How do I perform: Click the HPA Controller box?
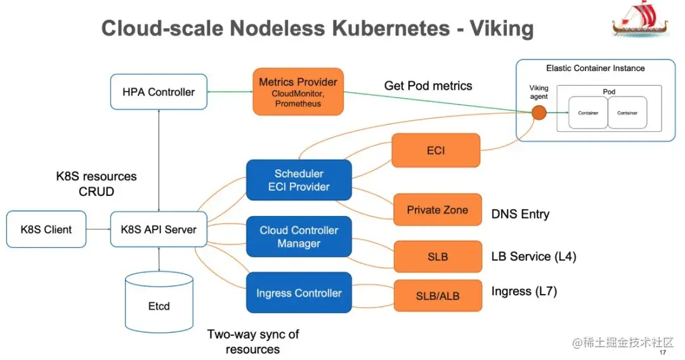159,92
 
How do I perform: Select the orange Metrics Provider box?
298,92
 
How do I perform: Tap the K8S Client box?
46,229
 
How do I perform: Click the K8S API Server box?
159,229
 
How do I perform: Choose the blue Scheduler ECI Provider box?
299,180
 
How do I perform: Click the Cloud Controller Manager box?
299,236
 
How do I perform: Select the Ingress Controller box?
299,293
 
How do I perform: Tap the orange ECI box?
436,150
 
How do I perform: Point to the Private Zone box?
437,210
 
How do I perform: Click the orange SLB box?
437,256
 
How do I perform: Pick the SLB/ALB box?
437,295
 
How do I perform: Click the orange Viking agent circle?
538,113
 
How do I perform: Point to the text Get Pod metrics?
428,86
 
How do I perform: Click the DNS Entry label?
520,214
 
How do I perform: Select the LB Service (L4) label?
533,256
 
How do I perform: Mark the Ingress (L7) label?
524,292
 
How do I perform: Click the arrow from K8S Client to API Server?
98,229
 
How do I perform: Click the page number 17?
663,352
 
